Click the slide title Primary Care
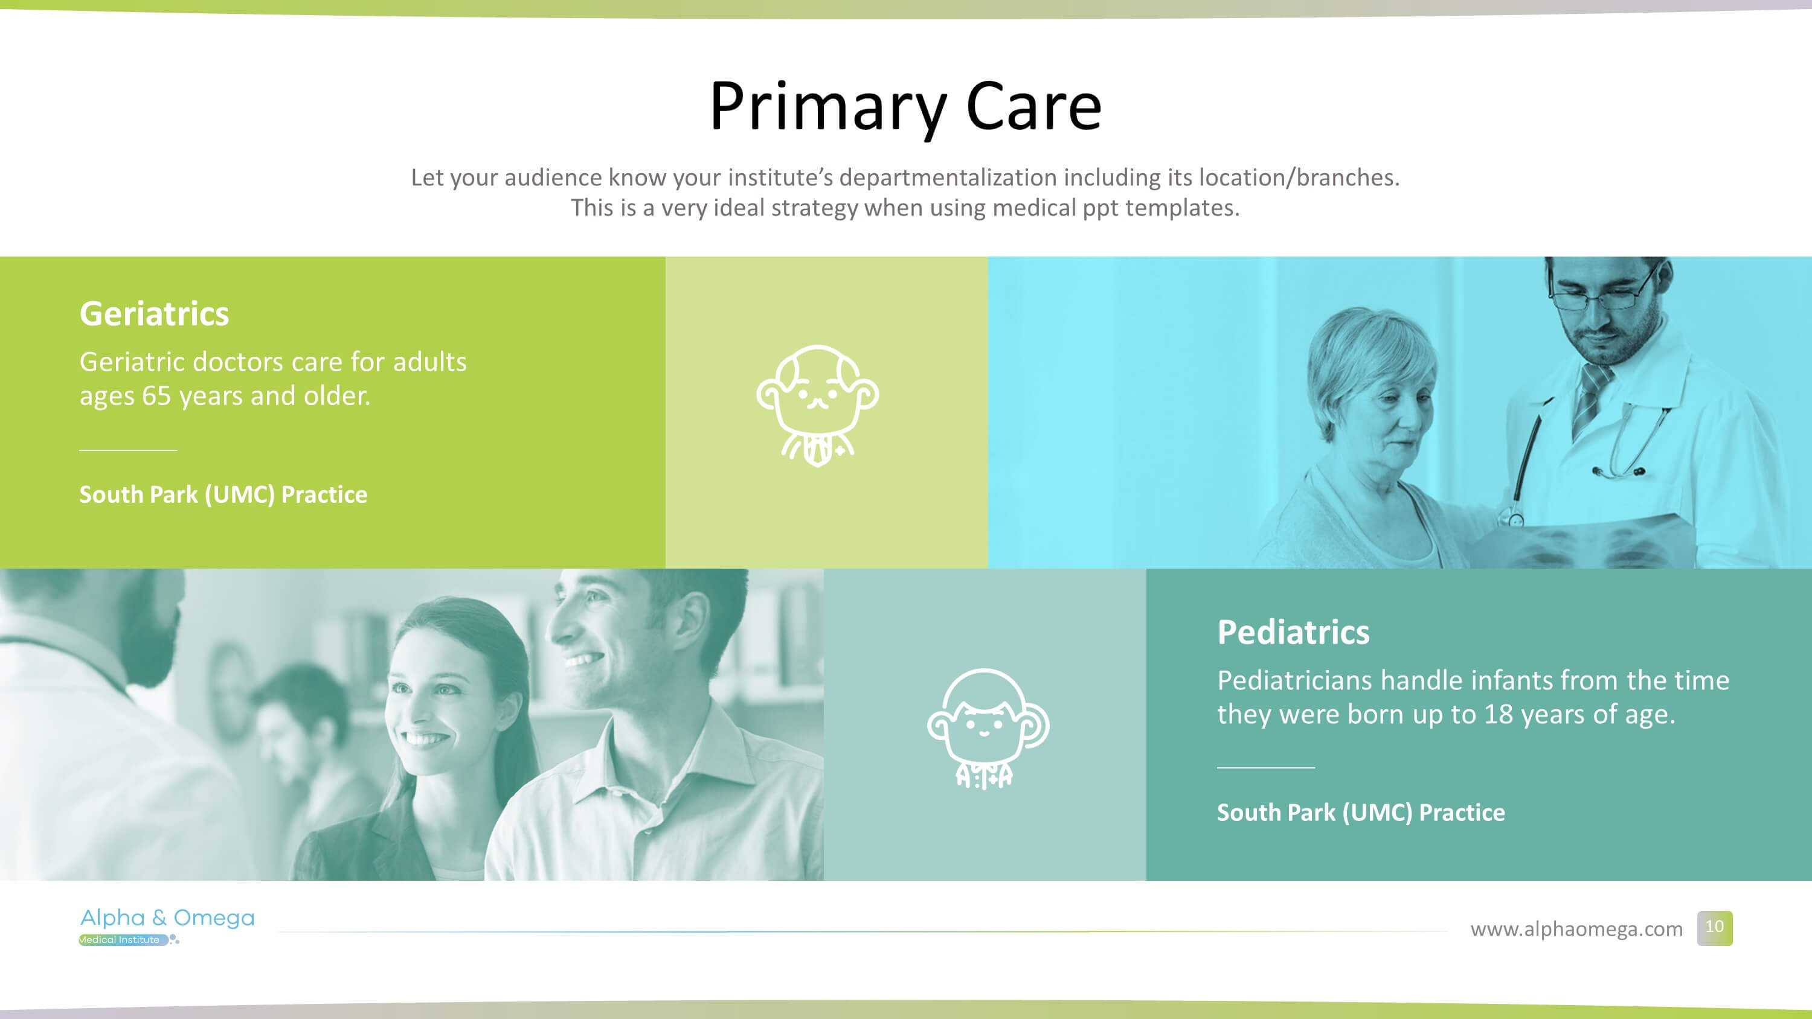pyautogui.click(x=905, y=107)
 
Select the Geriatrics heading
pyautogui.click(x=154, y=314)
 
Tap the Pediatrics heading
pyautogui.click(x=1294, y=632)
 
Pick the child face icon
pyautogui.click(x=988, y=729)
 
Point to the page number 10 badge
pyautogui.click(x=1714, y=928)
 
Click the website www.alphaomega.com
pyautogui.click(x=1576, y=929)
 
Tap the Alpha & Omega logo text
pyautogui.click(x=167, y=918)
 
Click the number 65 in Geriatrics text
pyautogui.click(x=157, y=396)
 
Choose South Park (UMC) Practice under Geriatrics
pyautogui.click(x=223, y=494)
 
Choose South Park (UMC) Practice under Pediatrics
pyautogui.click(x=1361, y=813)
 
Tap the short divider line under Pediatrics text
pyautogui.click(x=1265, y=768)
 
